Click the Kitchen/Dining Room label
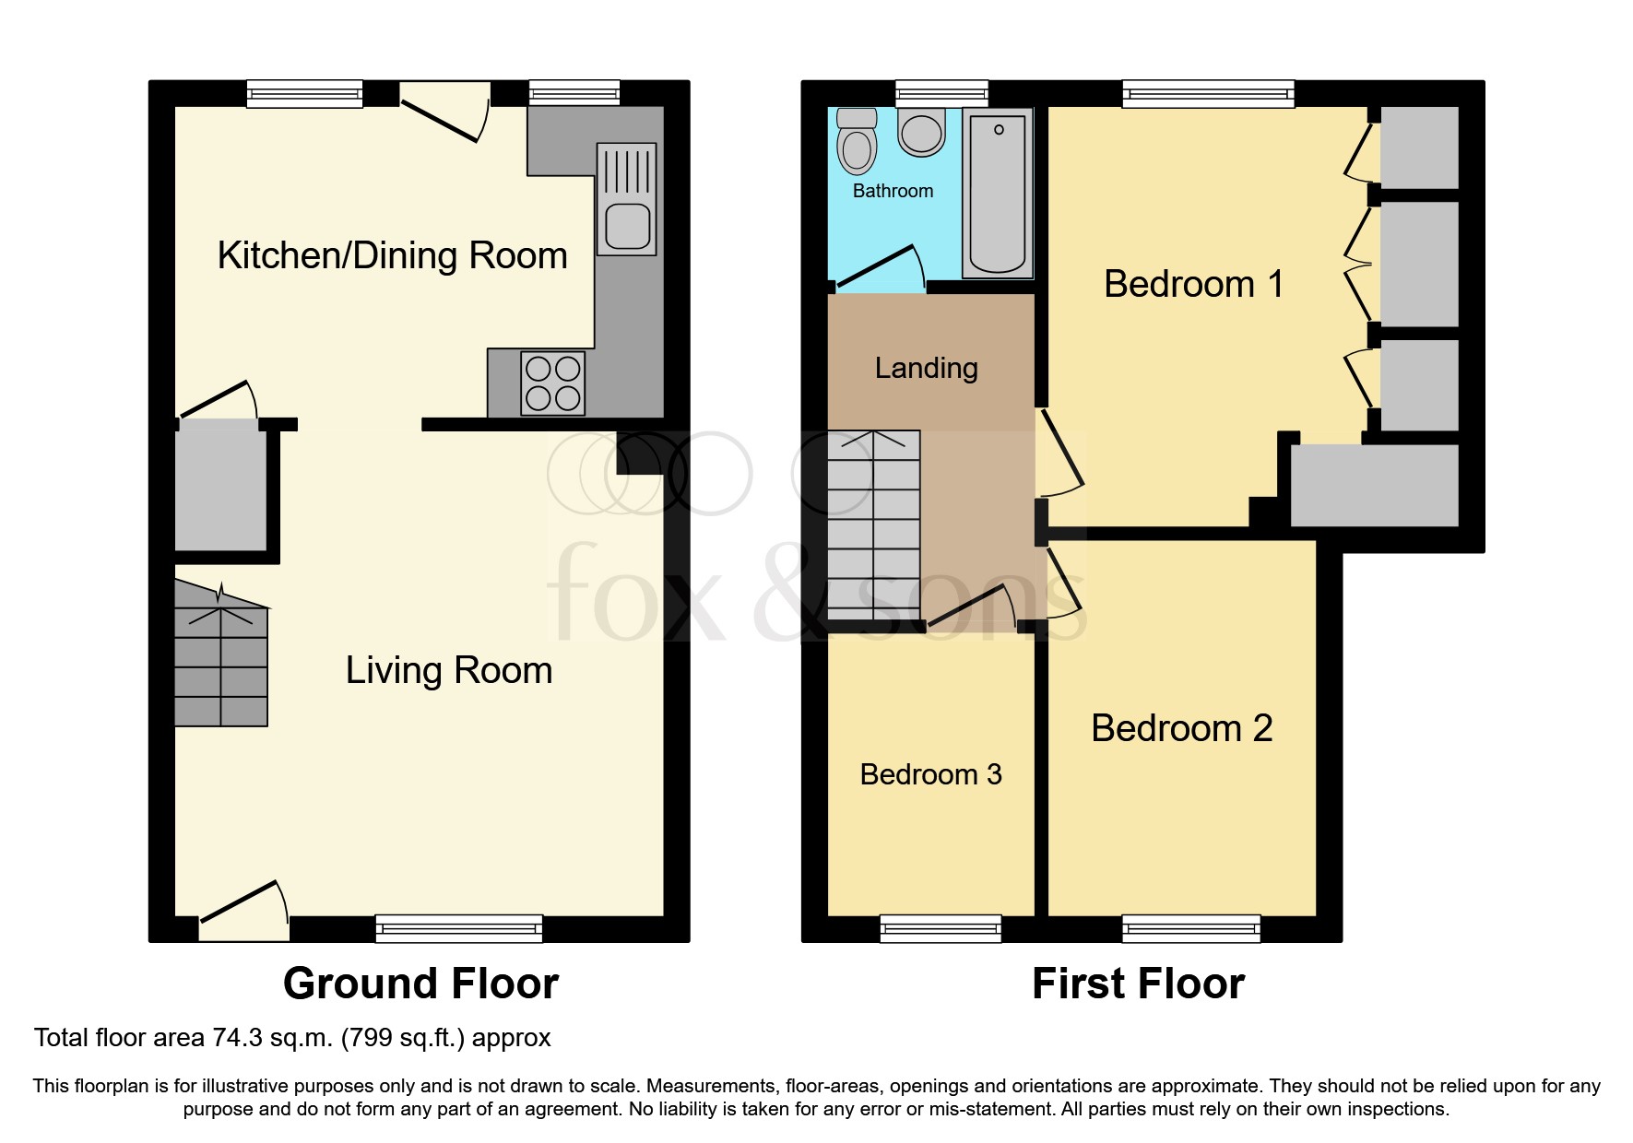click(392, 255)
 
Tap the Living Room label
click(449, 670)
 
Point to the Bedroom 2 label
click(1182, 728)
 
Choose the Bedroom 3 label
click(930, 774)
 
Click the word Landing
click(926, 368)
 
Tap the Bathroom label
click(893, 191)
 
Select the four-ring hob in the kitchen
click(552, 383)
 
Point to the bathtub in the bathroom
click(998, 193)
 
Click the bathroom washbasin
click(921, 132)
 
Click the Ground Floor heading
click(420, 984)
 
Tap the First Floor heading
click(1138, 984)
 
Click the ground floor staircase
click(221, 653)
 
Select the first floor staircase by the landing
click(873, 524)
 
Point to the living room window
click(458, 928)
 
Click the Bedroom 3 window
click(941, 928)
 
